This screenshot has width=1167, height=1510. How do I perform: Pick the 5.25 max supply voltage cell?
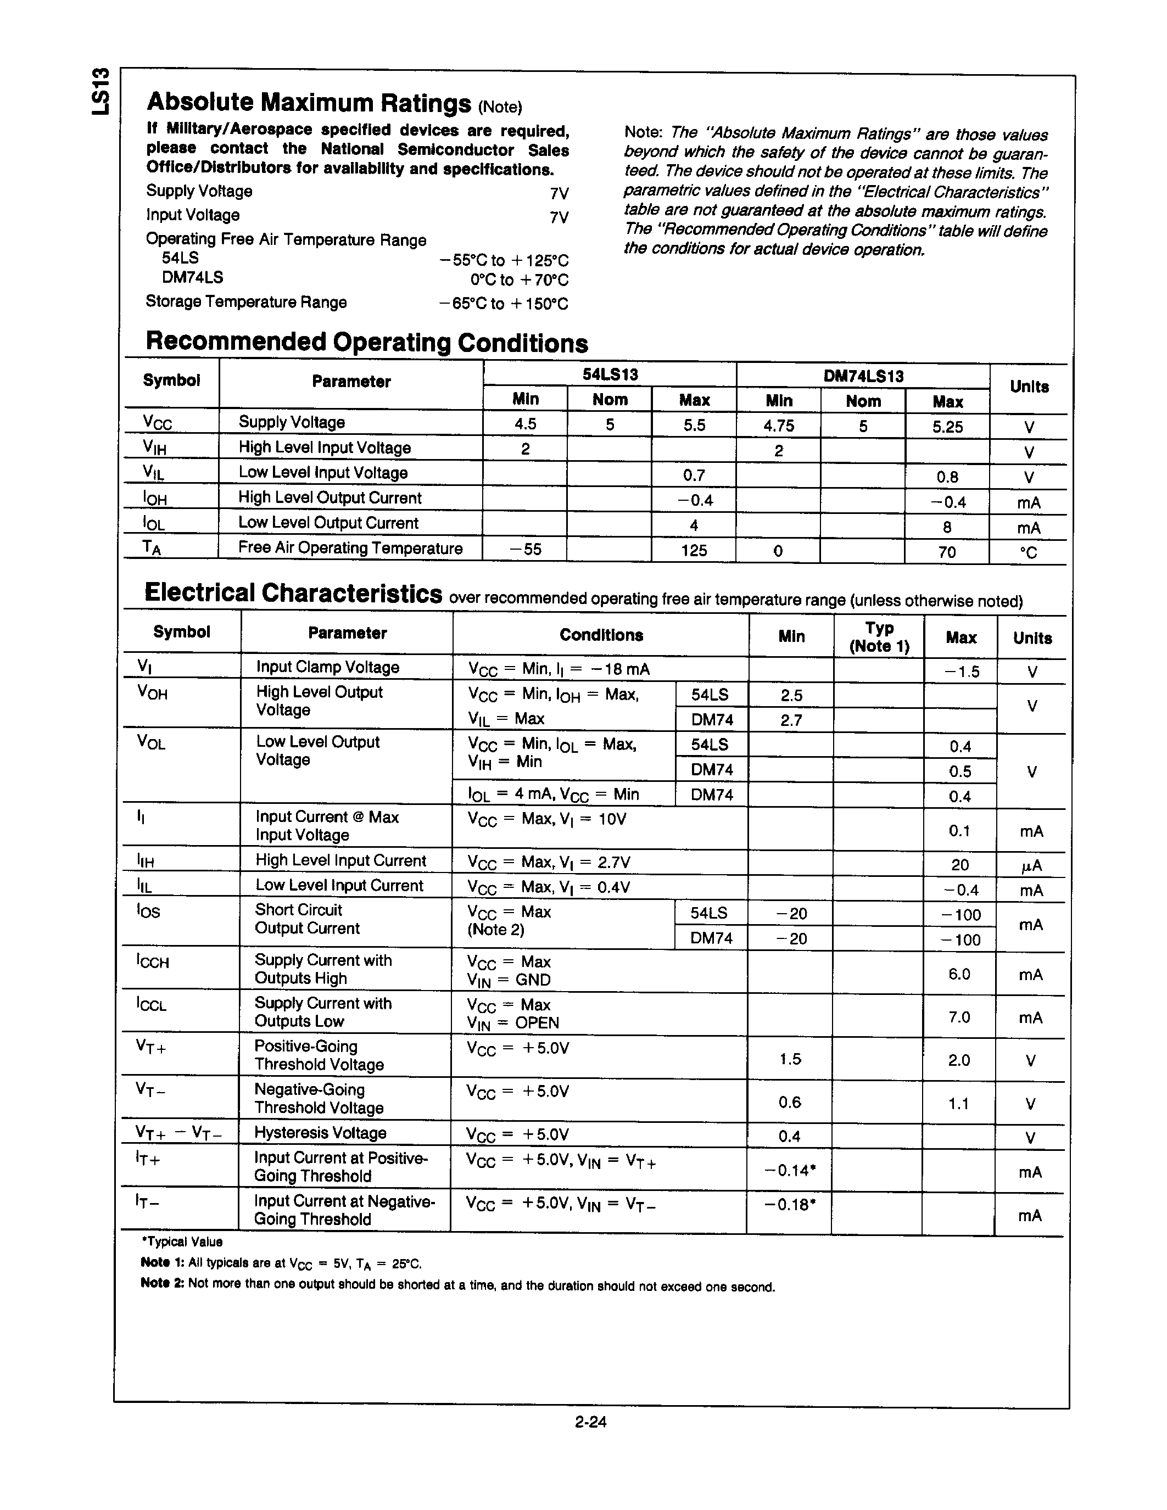pos(947,427)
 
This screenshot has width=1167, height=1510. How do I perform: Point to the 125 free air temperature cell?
pos(694,550)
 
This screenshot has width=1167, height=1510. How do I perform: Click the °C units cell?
pos(1028,552)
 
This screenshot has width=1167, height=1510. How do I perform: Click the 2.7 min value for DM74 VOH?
pos(791,720)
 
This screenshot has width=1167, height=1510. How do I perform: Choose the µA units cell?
pos(1031,865)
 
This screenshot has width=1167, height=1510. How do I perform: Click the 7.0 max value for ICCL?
pos(959,1017)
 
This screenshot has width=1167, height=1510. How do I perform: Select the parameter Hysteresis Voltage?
pos(320,1132)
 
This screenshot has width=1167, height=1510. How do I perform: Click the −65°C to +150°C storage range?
pos(503,304)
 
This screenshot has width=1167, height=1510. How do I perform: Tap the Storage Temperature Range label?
pos(246,302)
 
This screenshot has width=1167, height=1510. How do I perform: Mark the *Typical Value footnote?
pos(181,1241)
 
